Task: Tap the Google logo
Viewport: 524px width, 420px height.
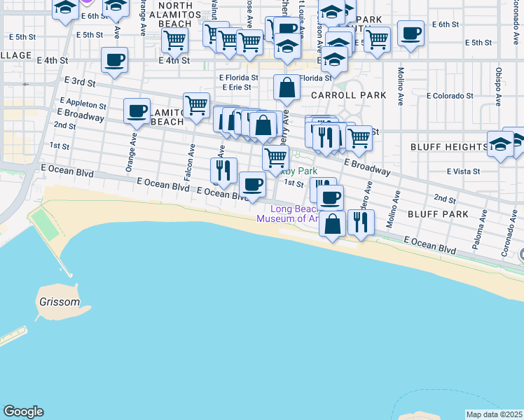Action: [x=24, y=412]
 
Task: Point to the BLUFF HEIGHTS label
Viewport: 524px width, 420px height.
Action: [x=448, y=147]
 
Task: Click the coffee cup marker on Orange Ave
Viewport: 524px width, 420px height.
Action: [x=137, y=110]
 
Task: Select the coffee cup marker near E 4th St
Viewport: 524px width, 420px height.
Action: [x=114, y=59]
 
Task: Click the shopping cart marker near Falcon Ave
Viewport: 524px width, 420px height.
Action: [x=197, y=106]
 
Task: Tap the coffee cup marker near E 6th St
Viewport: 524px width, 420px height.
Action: [x=411, y=32]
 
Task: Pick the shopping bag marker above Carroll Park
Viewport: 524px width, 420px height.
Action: [x=287, y=87]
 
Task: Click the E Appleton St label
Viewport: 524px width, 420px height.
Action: [x=82, y=104]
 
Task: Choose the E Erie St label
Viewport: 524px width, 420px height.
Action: [x=236, y=87]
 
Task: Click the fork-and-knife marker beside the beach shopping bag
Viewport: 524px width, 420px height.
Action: [x=361, y=222]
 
